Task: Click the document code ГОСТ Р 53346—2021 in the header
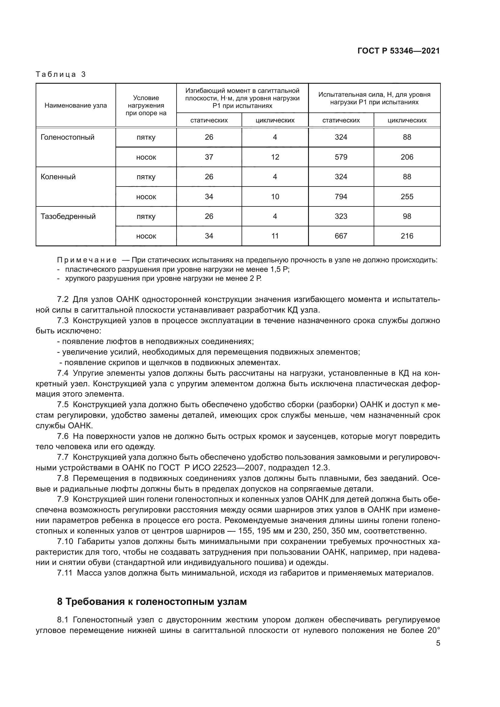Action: [398, 51]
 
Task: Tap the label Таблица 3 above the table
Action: [61, 74]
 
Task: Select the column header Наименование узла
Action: [76, 105]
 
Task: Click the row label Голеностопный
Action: [67, 137]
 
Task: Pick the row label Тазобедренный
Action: [68, 216]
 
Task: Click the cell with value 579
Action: [341, 157]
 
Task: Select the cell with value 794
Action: [341, 196]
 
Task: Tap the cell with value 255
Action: [407, 196]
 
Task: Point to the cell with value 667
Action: [341, 236]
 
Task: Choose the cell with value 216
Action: [407, 236]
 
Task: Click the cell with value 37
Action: [209, 157]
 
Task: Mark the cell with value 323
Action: [341, 216]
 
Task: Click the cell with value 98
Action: [407, 216]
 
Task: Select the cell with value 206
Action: [407, 157]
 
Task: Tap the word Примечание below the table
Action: [87, 260]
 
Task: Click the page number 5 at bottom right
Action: [438, 643]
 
